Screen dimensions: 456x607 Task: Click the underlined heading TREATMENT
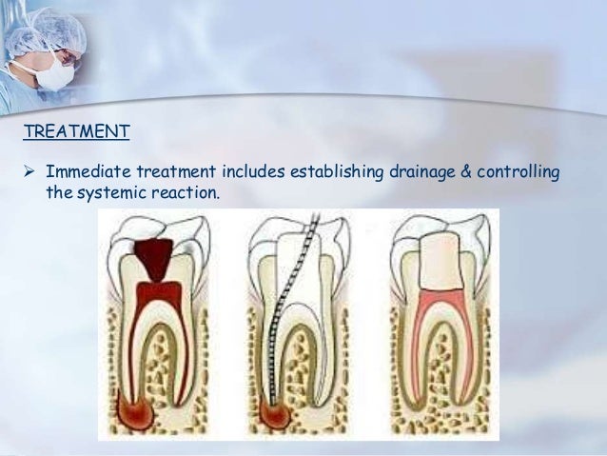76,131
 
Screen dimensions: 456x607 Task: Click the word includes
254,172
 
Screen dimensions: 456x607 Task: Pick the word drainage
425,172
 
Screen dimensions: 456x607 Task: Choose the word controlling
522,172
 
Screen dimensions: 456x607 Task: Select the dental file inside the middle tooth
285,314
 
